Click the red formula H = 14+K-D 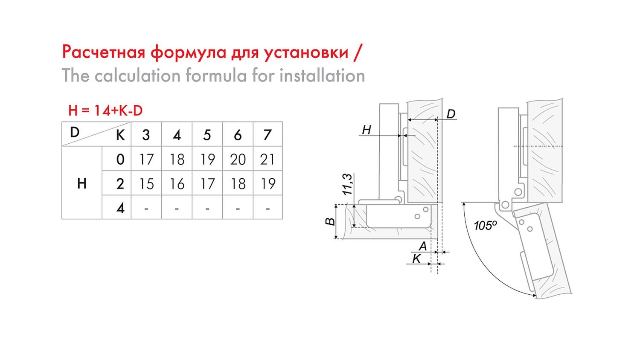point(105,110)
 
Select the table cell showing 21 point(268,159)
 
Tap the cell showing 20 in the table point(237,159)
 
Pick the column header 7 point(268,135)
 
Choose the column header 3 point(146,135)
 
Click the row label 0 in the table point(120,159)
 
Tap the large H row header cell point(82,183)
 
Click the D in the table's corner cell point(75,132)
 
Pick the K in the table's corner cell point(120,135)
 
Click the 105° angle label point(485,226)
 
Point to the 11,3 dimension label point(348,184)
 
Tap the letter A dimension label point(422,246)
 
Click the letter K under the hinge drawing point(416,258)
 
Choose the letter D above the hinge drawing point(451,114)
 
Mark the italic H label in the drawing point(366,130)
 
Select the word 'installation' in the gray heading point(322,75)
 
